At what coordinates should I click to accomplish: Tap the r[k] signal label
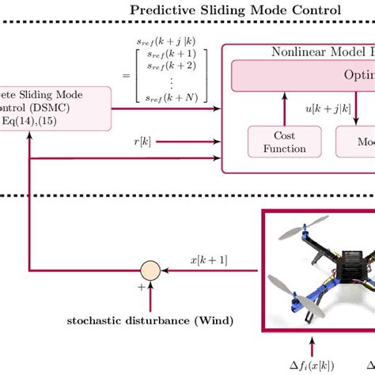[142, 142]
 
